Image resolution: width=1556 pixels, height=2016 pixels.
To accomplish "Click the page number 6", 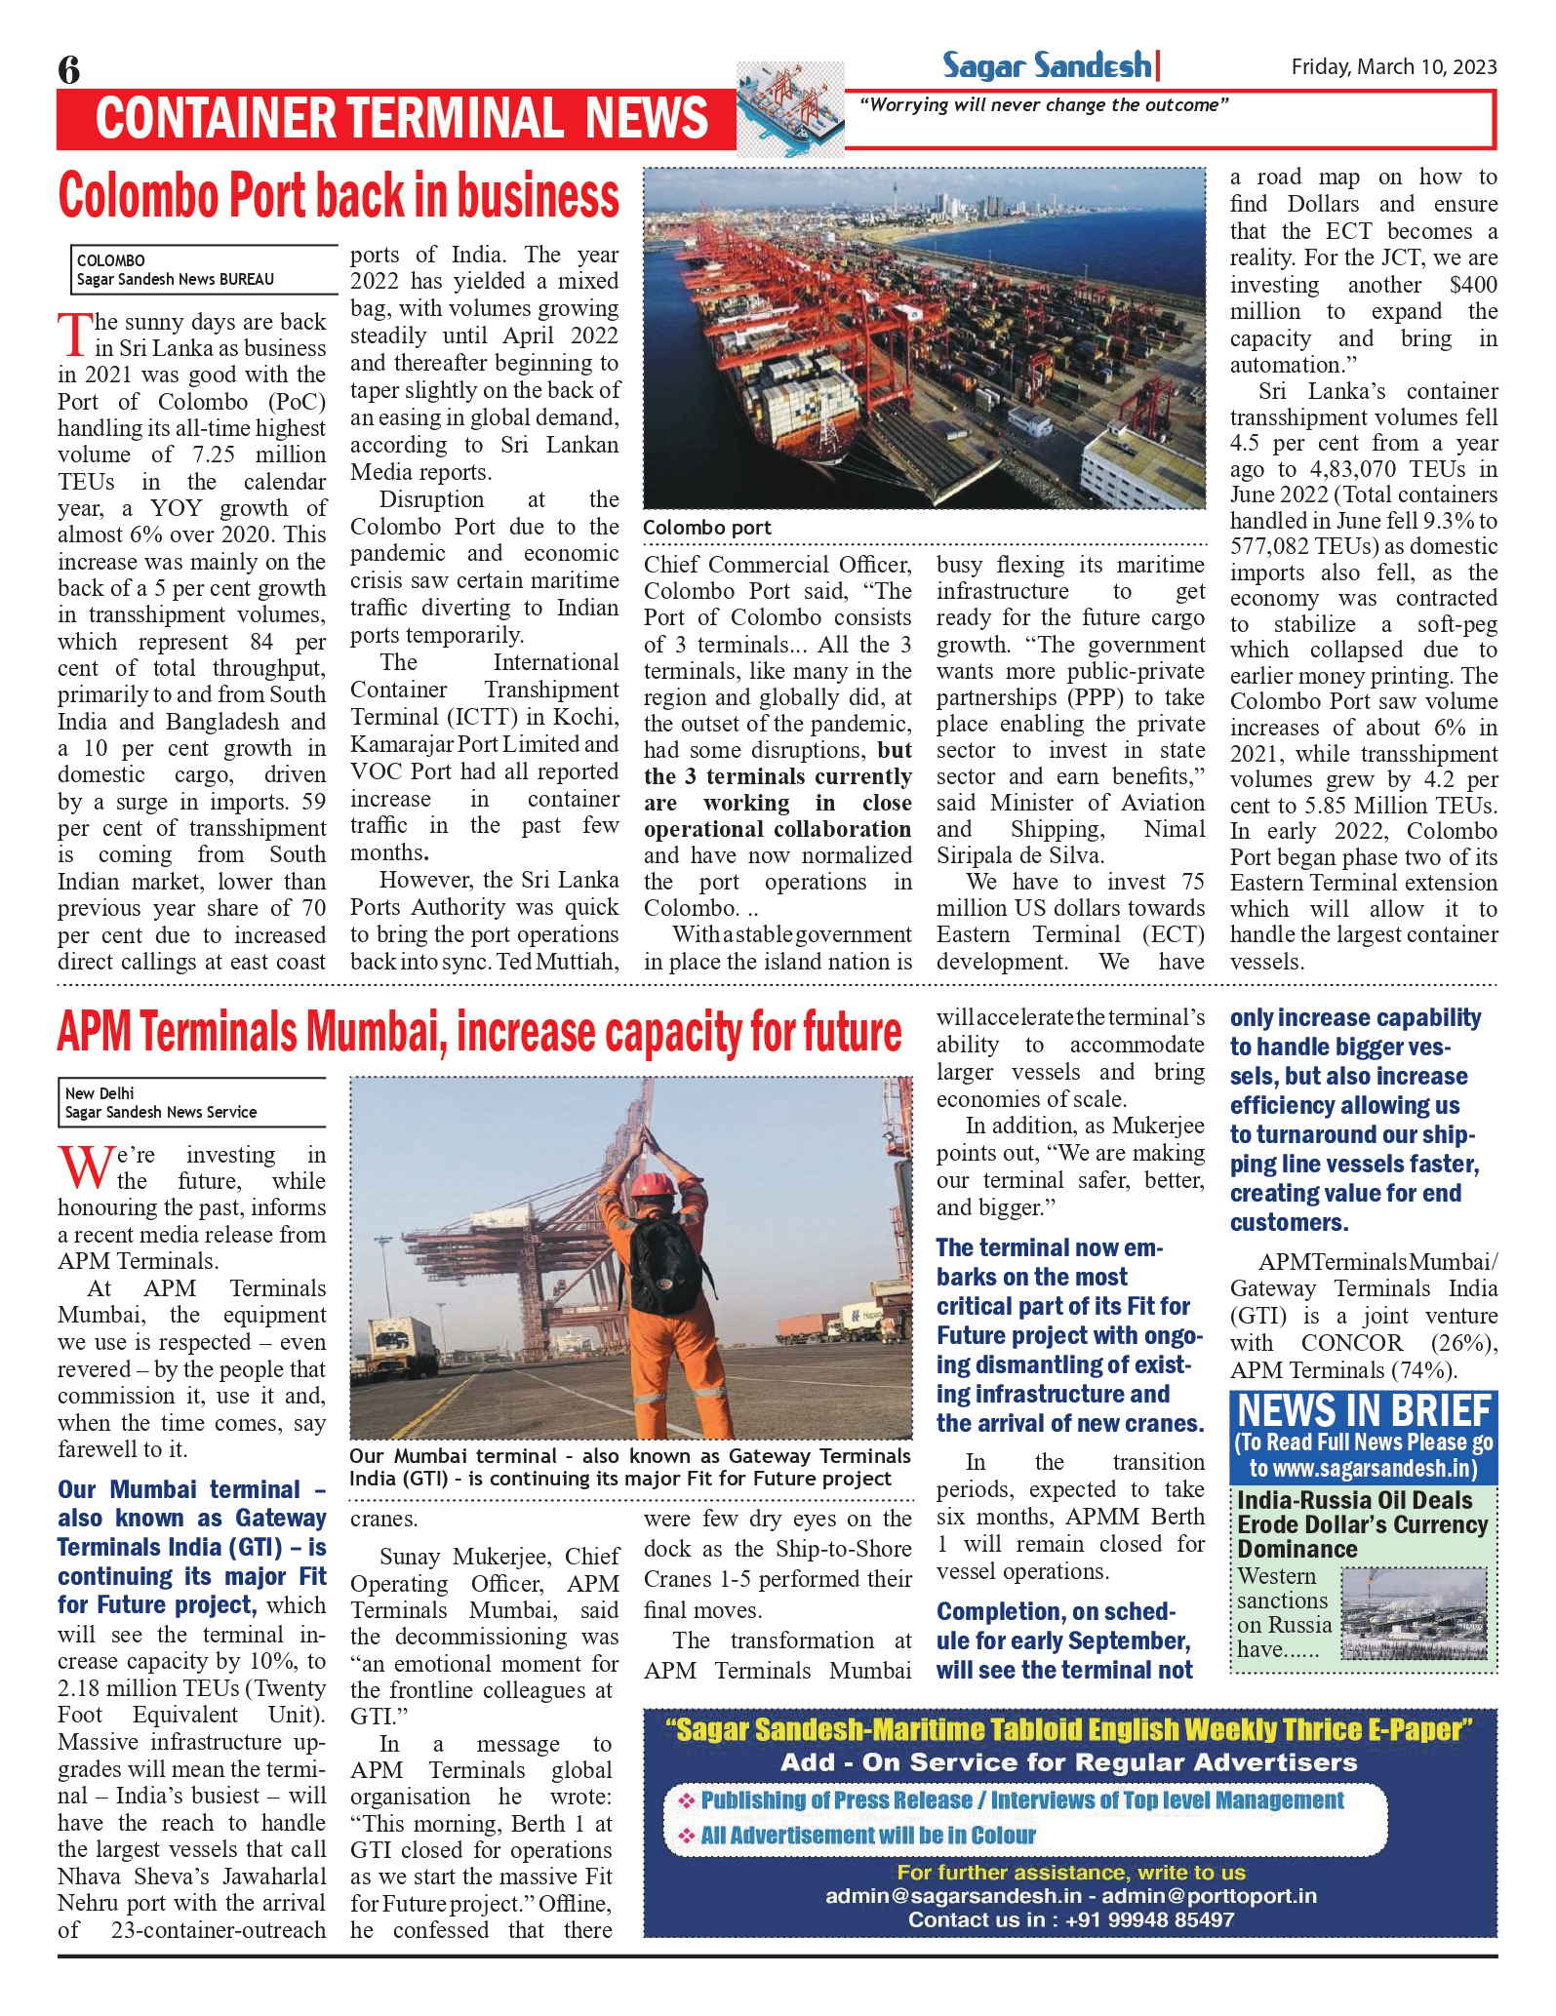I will (69, 70).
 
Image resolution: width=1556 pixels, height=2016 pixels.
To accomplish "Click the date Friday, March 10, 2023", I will (1393, 67).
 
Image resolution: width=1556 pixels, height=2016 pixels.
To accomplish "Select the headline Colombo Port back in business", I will (339, 196).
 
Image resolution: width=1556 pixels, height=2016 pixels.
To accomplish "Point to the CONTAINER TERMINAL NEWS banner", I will (401, 119).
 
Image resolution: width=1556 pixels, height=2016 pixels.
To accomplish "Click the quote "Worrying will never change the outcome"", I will (1043, 105).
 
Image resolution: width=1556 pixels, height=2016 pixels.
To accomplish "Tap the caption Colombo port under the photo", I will (706, 528).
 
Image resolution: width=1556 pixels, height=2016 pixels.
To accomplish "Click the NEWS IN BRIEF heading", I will (1364, 1411).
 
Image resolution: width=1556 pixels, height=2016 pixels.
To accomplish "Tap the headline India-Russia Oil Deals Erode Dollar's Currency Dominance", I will (1362, 1524).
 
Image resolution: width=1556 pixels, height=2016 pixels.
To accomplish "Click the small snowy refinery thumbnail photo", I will (1414, 1613).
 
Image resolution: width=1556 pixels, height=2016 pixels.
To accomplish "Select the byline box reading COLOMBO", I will (203, 270).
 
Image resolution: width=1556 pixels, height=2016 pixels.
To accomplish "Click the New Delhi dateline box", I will (191, 1103).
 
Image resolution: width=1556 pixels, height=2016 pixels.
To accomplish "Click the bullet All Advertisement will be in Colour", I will (867, 1835).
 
